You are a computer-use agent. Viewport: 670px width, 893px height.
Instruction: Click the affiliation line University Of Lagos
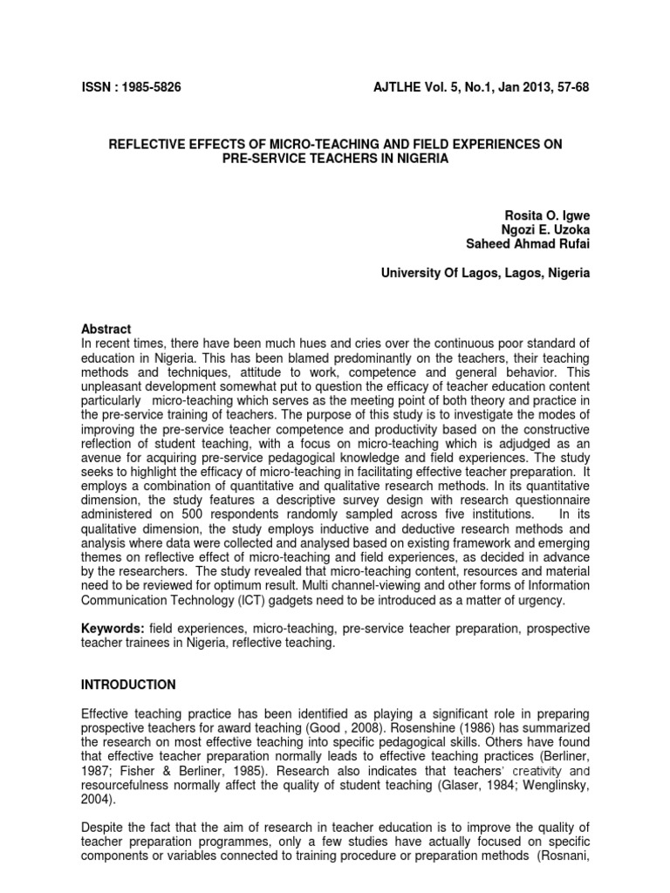click(485, 273)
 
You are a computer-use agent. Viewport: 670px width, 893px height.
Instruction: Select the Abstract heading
click(106, 329)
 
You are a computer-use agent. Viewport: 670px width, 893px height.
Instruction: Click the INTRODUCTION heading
click(128, 684)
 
